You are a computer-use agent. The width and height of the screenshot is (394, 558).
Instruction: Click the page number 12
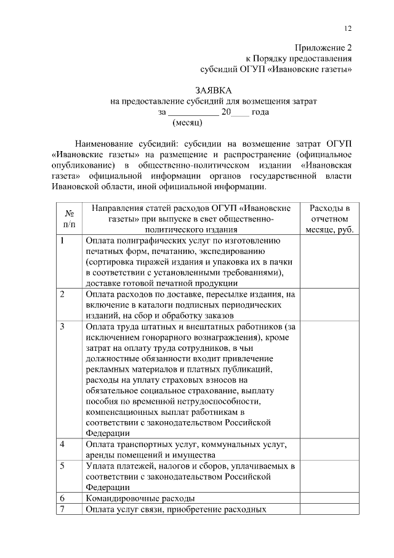point(348,29)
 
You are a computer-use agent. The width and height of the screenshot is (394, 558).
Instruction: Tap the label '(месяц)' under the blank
point(187,123)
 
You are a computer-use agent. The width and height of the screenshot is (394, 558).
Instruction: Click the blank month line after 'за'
point(193,112)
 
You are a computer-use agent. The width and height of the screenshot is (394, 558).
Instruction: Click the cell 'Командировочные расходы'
point(140,498)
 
